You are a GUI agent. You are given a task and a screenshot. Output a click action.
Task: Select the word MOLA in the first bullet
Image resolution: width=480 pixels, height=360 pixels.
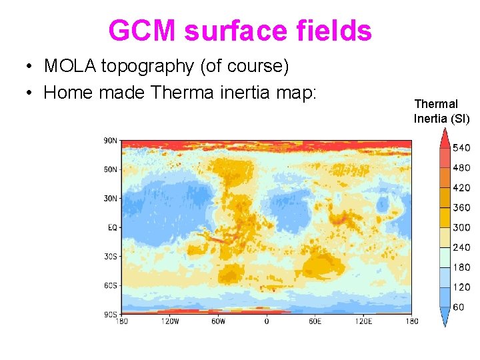coord(70,66)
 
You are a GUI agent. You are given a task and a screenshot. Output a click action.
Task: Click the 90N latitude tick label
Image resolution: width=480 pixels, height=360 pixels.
coord(110,141)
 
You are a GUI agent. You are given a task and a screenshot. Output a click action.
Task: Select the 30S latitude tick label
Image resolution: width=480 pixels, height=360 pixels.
coord(110,256)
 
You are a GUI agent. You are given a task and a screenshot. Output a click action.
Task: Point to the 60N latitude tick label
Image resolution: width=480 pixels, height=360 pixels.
coord(110,169)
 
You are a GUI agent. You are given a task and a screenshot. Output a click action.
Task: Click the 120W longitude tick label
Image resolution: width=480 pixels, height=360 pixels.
coord(170,321)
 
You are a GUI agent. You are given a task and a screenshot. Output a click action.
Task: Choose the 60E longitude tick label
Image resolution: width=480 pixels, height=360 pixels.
coord(315,321)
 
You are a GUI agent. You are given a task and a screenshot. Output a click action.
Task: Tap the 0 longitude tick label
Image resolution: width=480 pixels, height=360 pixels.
coord(267,321)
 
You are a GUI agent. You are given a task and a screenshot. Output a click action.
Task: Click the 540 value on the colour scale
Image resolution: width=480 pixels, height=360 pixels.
coord(461,148)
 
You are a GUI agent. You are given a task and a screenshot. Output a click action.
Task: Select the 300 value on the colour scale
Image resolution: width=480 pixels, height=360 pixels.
coord(461,227)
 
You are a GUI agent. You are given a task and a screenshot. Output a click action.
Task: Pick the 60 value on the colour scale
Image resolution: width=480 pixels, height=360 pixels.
coord(459,307)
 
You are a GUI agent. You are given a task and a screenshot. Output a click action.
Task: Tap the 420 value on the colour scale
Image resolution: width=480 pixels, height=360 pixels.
coord(461,188)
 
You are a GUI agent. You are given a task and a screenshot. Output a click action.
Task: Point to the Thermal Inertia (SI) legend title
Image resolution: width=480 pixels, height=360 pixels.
coord(441,111)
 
